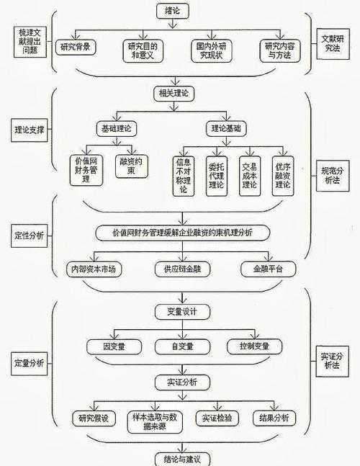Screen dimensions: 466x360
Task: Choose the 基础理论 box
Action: (116, 129)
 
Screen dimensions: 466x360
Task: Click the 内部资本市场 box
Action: (93, 269)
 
